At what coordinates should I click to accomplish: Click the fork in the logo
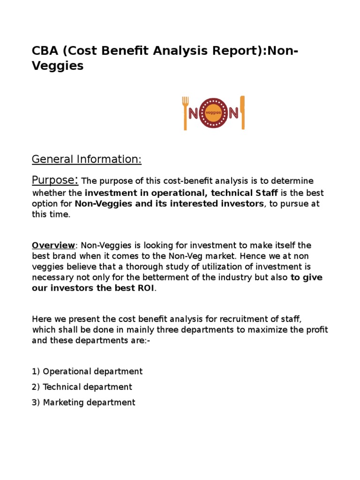185,113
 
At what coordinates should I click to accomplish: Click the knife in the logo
242,112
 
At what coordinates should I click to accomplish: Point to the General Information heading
86,160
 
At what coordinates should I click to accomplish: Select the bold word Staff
266,193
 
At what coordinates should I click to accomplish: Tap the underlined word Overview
53,246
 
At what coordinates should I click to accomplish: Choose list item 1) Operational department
87,371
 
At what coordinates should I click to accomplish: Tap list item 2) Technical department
82,387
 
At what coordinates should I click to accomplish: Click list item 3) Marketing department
83,402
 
